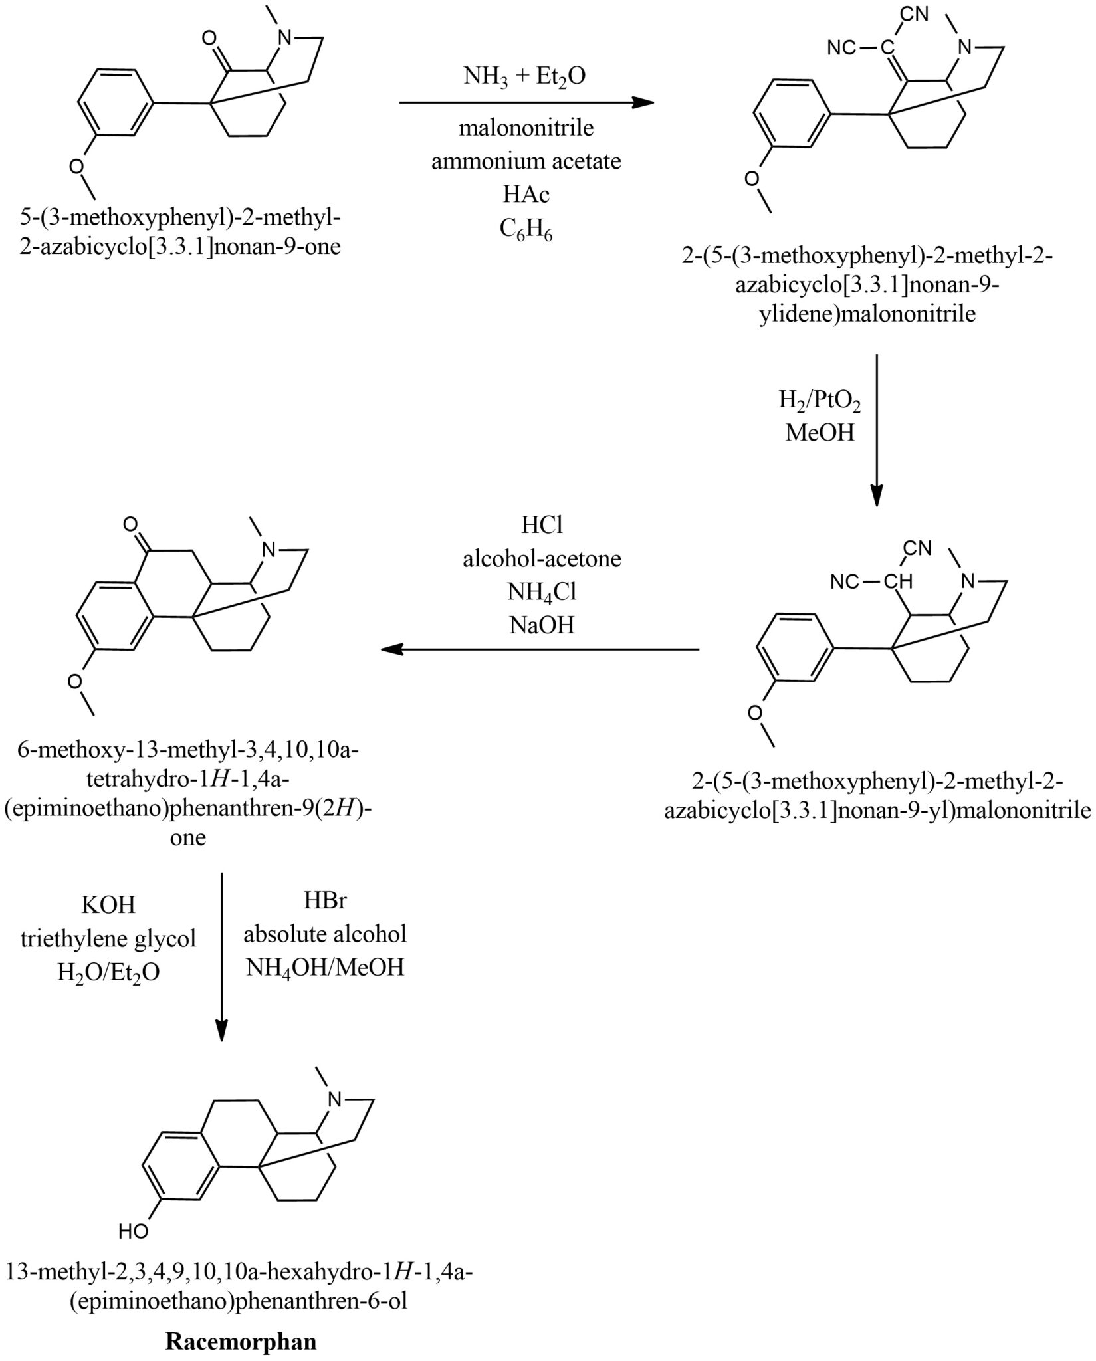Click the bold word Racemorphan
241,1342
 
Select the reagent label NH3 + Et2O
525,78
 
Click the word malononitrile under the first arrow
526,128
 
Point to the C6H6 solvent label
526,231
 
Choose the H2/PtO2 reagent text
820,401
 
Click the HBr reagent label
325,900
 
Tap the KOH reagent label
108,904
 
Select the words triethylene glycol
108,938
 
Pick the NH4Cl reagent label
542,591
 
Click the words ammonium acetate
526,161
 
